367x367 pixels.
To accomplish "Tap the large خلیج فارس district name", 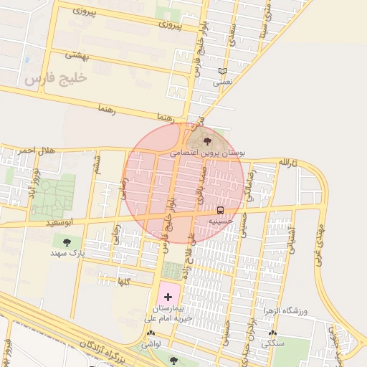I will (55, 78).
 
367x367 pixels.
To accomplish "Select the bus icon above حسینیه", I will (220, 210).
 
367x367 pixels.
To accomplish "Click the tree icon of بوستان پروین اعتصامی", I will (208, 141).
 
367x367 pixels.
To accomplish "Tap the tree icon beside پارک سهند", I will (67, 242).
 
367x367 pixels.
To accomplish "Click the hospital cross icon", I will (168, 296).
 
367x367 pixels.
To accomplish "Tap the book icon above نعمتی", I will (222, 71).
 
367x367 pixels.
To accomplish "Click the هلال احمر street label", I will (36, 151).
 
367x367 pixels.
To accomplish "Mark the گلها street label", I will (123, 281).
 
